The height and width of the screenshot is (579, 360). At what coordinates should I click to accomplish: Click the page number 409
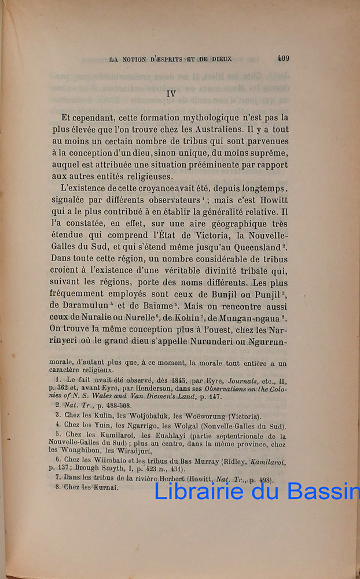284,57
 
